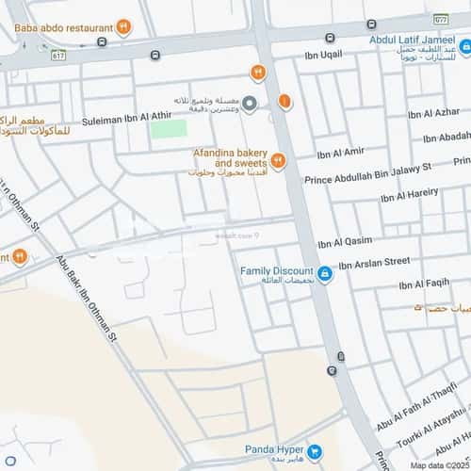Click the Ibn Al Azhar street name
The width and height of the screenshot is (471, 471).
pyautogui.click(x=427, y=114)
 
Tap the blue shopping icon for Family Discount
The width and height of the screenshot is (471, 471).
pyautogui.click(x=324, y=274)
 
